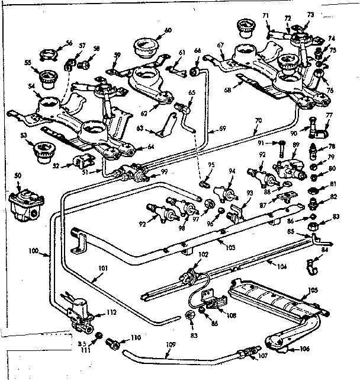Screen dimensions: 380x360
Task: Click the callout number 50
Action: tap(17, 176)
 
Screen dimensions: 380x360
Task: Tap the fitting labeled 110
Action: tap(111, 342)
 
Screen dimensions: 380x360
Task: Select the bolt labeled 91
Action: tap(276, 143)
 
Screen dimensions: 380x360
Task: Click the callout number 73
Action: tap(310, 14)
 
